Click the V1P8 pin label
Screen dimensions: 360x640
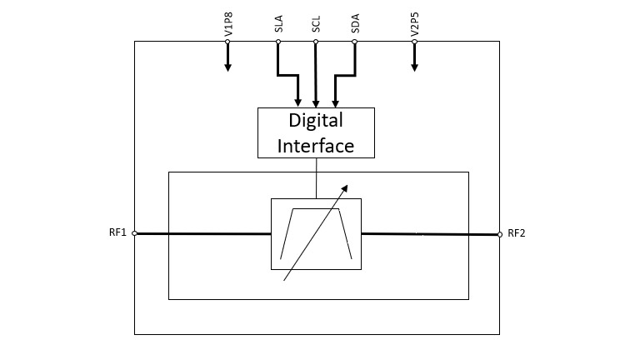(227, 27)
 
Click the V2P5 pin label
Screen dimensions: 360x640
(414, 27)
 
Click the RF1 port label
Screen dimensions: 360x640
(117, 233)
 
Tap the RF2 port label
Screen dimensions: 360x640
(517, 233)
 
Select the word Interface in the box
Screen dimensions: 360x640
(316, 145)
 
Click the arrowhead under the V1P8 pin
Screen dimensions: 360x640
(227, 67)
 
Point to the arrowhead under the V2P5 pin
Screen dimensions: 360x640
(414, 67)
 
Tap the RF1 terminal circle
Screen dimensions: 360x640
(134, 233)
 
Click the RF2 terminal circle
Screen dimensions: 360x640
(500, 233)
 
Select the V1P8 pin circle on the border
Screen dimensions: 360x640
(227, 42)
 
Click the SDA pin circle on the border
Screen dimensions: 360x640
(355, 42)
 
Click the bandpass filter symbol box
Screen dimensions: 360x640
(316, 234)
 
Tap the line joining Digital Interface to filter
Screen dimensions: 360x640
(316, 177)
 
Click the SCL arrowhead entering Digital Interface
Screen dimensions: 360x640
(316, 103)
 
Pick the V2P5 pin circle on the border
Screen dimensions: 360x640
(414, 42)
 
